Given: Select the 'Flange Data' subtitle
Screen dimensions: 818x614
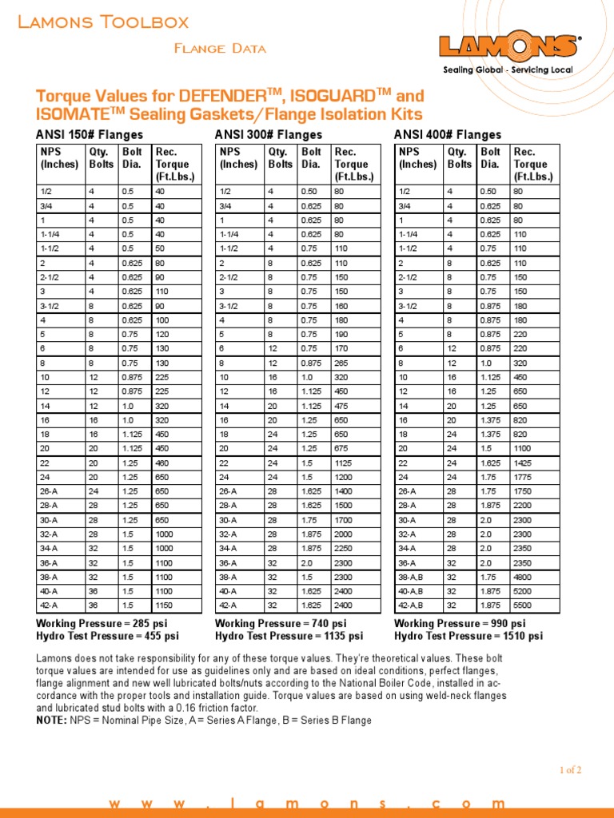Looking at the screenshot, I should (220, 49).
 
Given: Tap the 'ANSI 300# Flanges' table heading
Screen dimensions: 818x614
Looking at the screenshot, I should (269, 135).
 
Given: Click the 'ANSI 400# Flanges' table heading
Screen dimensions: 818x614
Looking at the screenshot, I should (448, 135).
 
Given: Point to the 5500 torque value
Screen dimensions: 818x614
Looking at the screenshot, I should (524, 606).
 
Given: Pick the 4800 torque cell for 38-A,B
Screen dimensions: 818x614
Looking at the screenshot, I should (524, 577).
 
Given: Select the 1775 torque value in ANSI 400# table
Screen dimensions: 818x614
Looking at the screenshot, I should (524, 477).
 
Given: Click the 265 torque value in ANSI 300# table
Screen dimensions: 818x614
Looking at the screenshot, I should (342, 362).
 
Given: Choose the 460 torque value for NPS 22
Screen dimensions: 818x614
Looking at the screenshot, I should (163, 463).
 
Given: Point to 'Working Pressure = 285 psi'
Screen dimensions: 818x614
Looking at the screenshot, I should (102, 623).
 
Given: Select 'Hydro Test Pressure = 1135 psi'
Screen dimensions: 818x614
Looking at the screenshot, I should (289, 636).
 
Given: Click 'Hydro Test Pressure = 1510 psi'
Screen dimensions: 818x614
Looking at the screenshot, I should (468, 636).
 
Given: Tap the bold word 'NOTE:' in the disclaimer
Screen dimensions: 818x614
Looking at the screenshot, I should (51, 720).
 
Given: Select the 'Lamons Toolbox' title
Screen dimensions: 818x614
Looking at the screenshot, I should (103, 22).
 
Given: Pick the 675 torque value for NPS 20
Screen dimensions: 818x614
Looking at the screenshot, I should (342, 448).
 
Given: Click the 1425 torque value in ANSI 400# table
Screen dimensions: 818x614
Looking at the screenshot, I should (524, 463).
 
